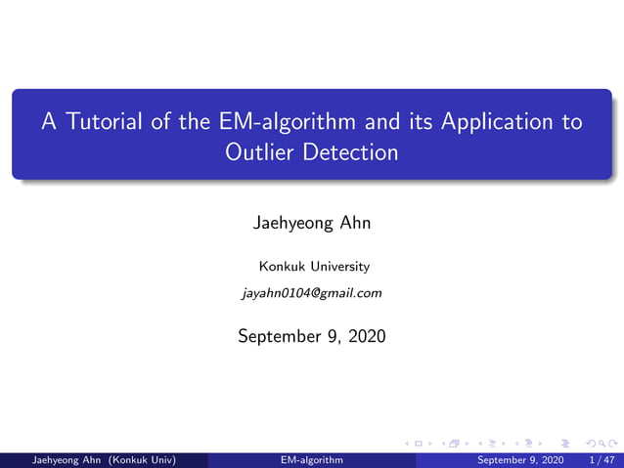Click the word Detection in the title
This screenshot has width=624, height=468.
click(x=350, y=152)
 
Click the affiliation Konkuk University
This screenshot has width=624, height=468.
click(x=313, y=266)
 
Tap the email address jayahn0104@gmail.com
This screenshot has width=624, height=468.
click(x=312, y=292)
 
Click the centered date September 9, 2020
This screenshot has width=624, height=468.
click(x=312, y=337)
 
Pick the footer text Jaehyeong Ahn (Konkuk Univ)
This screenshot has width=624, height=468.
click(x=98, y=459)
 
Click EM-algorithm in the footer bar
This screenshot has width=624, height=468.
click(x=312, y=459)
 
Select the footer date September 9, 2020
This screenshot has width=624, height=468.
click(x=520, y=459)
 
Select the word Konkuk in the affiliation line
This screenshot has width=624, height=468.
click(x=278, y=266)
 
